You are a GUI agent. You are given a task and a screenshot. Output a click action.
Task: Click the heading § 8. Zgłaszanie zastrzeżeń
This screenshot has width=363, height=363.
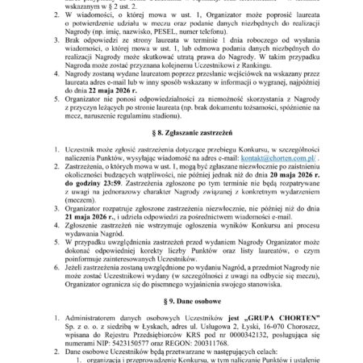pyautogui.click(x=181, y=148)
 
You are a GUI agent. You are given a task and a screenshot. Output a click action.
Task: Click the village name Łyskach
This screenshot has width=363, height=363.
pyautogui.click(x=143, y=325)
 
